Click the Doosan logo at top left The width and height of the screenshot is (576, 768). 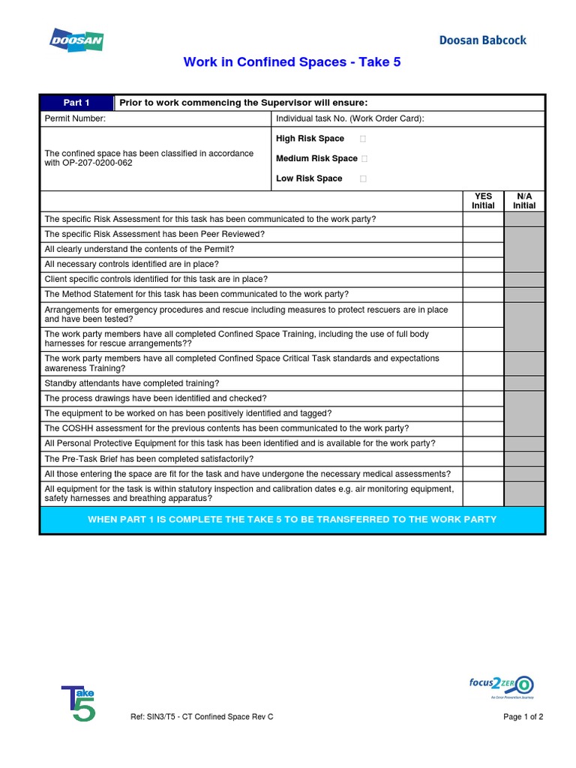click(76, 40)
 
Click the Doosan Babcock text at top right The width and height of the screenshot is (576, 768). click(482, 40)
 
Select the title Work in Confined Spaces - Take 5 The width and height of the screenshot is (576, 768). click(292, 62)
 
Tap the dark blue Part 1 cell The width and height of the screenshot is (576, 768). click(76, 103)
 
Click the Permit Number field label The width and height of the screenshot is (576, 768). click(75, 118)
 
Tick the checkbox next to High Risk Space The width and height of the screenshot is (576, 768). click(364, 139)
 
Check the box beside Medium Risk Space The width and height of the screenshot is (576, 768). click(364, 158)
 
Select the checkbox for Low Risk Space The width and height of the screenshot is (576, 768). click(364, 178)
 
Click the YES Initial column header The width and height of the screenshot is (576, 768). click(483, 201)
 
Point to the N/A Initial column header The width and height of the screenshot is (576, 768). click(524, 201)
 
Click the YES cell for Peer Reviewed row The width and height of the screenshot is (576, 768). click(483, 234)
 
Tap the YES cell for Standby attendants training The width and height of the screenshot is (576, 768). click(483, 383)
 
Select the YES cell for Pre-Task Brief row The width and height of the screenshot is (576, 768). click(483, 458)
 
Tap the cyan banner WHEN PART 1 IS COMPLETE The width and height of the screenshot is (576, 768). click(292, 519)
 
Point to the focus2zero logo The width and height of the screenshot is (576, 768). click(501, 685)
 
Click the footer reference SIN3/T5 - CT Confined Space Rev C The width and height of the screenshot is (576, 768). click(202, 716)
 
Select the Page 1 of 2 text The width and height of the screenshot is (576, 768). click(523, 716)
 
